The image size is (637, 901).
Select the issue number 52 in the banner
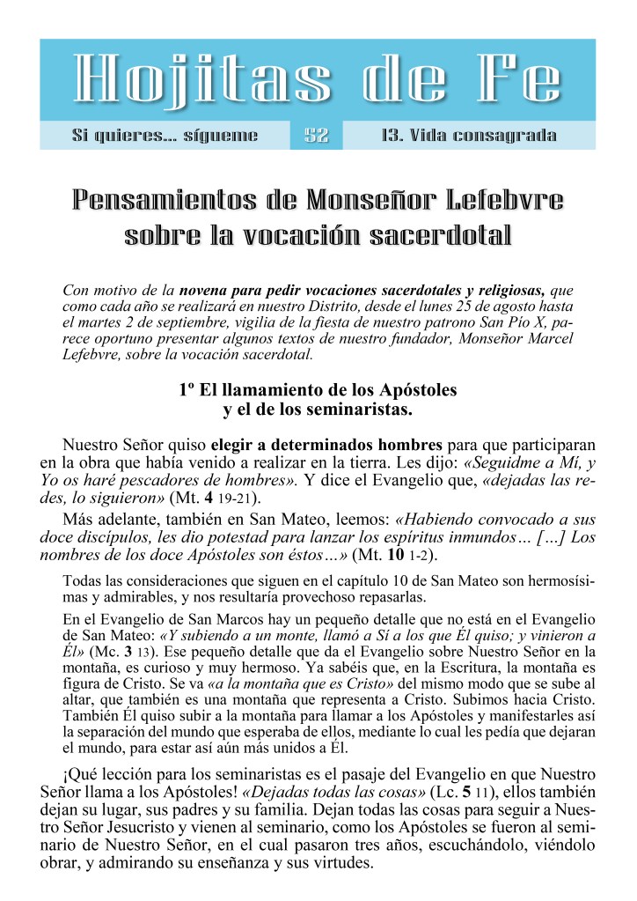tap(317, 136)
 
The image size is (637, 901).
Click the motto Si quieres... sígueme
tap(165, 136)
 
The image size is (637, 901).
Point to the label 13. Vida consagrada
tap(469, 136)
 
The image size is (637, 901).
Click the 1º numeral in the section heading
tap(184, 389)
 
